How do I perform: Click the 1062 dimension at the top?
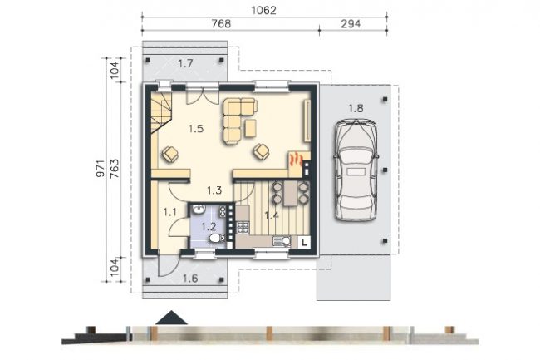(x=264, y=10)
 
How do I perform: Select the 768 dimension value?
(x=221, y=24)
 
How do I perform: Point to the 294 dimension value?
(x=351, y=24)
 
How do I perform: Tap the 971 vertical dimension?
(x=101, y=168)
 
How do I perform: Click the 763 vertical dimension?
(x=115, y=168)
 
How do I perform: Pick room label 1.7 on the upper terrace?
(x=185, y=63)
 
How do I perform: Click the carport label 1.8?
(x=356, y=109)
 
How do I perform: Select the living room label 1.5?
(x=196, y=129)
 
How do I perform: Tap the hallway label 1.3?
(x=214, y=190)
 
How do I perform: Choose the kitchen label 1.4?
(x=272, y=215)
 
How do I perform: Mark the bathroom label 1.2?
(x=209, y=227)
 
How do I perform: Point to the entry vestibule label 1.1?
(x=170, y=212)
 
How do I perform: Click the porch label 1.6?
(x=190, y=279)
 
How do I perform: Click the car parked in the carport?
(x=356, y=170)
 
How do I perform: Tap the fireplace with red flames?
(x=296, y=160)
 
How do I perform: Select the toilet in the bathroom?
(x=217, y=238)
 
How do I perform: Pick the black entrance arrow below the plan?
(x=171, y=318)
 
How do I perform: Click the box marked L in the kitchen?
(x=304, y=242)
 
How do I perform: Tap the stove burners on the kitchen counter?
(x=242, y=227)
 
